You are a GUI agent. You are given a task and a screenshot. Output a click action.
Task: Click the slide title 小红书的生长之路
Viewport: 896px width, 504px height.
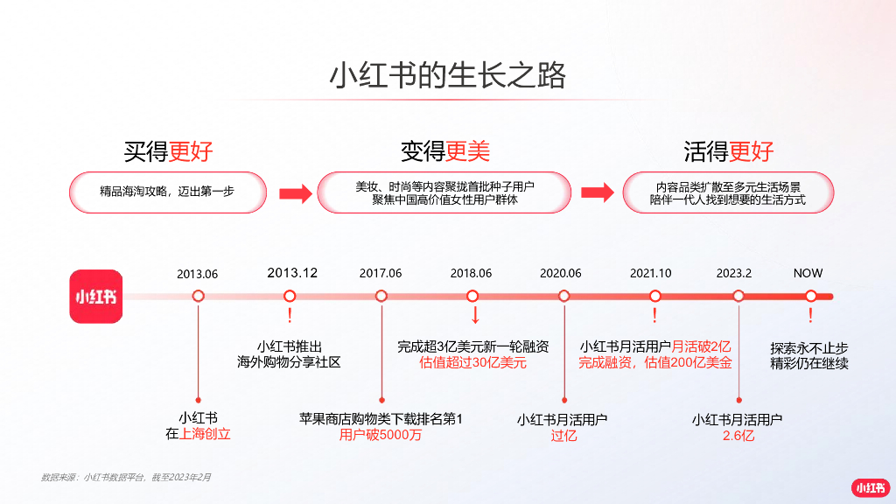pyautogui.click(x=447, y=76)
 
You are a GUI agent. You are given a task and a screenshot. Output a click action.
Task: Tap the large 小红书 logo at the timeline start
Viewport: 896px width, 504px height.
pyautogui.click(x=96, y=296)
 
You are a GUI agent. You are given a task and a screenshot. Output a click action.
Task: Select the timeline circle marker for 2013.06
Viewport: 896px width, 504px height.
pyautogui.click(x=198, y=296)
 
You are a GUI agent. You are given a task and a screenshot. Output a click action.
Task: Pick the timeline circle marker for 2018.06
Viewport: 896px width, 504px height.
pyautogui.click(x=472, y=296)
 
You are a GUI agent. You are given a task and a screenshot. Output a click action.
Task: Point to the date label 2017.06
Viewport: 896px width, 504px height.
pyautogui.click(x=381, y=273)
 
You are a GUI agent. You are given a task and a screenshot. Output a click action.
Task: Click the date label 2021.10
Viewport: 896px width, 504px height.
pyautogui.click(x=651, y=273)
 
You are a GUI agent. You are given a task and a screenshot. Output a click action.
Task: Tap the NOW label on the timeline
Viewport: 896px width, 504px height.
pyautogui.click(x=808, y=273)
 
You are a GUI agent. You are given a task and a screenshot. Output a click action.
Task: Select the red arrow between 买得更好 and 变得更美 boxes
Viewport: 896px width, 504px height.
pyautogui.click(x=295, y=193)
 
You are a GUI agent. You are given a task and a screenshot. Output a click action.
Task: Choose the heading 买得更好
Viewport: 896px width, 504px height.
pyautogui.click(x=169, y=151)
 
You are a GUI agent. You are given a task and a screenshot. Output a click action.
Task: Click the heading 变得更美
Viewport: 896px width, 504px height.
pyautogui.click(x=445, y=151)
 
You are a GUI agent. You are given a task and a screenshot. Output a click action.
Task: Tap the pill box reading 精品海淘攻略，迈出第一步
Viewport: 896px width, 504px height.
pyautogui.click(x=169, y=192)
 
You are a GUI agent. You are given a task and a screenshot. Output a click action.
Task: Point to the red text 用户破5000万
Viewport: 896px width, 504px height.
pyautogui.click(x=381, y=435)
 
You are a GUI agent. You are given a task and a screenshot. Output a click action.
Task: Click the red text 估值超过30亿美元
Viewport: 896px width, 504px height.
pyautogui.click(x=473, y=363)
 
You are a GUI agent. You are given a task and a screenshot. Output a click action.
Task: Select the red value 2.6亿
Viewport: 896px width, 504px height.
pyautogui.click(x=738, y=436)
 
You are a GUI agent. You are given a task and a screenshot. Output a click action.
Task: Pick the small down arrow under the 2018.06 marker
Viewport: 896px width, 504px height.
pyautogui.click(x=474, y=315)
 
